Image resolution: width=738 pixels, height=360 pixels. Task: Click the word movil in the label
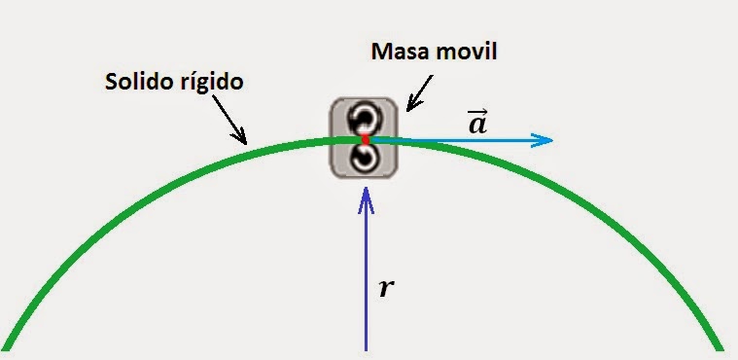coord(465,52)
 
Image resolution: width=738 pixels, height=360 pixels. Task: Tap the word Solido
coord(139,82)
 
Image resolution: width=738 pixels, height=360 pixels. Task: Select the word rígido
coord(212,83)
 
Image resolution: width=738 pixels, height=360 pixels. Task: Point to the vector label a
coord(477,125)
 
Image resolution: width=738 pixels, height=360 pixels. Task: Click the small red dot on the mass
coord(366,139)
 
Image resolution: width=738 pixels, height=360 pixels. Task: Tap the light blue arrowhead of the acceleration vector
coord(542,140)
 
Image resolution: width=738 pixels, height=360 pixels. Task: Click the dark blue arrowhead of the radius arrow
coord(366,199)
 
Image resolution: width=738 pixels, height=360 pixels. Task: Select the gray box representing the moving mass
coord(364,138)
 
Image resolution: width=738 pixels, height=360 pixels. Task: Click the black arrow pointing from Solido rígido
coord(228,120)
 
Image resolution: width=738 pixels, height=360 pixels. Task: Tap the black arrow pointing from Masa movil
coord(419,92)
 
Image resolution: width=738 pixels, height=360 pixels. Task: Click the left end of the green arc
coord(6,347)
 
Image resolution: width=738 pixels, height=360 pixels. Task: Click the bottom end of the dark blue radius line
coord(366,350)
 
